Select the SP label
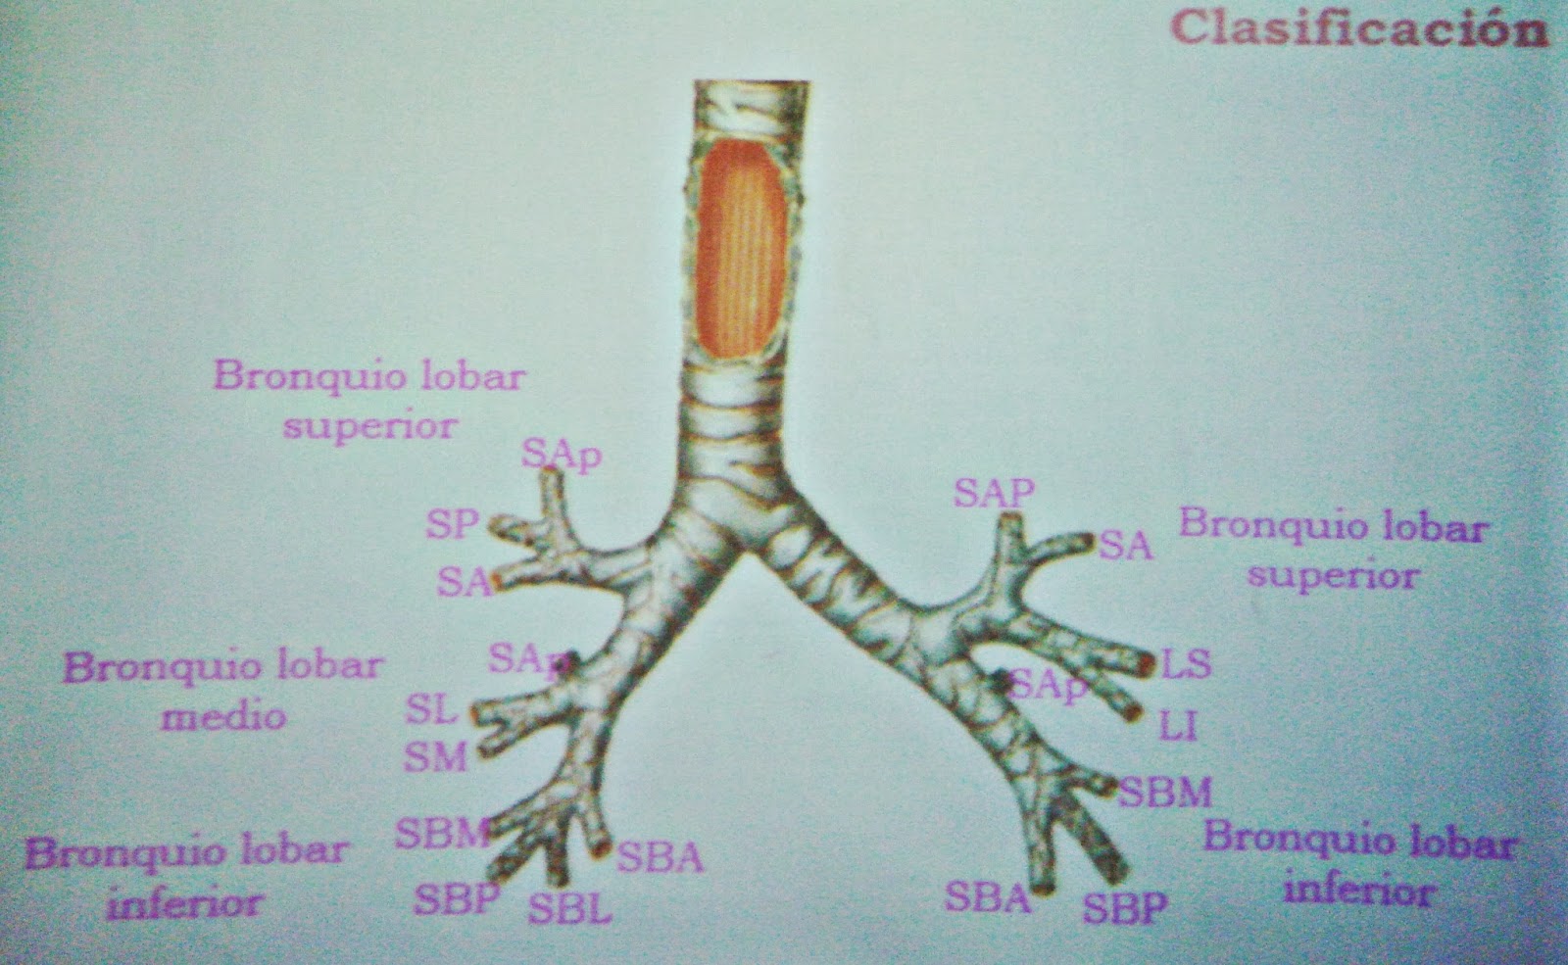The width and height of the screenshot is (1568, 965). tap(450, 525)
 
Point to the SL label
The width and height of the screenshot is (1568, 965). tap(432, 708)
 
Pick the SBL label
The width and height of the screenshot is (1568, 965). tap(569, 911)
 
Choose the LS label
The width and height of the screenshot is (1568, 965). tap(1186, 665)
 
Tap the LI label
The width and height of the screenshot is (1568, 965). tap(1178, 726)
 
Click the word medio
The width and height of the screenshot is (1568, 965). tap(223, 717)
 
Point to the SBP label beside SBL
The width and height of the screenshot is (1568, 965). tap(456, 897)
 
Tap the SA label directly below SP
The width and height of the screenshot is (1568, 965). tap(464, 583)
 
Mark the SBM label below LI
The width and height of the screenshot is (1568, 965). tap(1165, 792)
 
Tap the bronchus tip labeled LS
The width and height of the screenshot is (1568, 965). tap(1147, 664)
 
